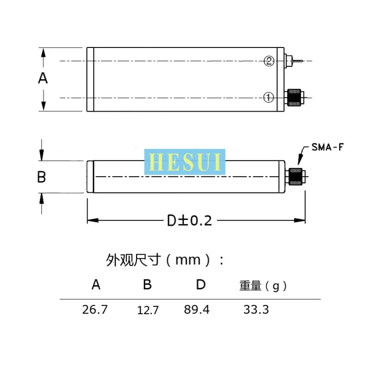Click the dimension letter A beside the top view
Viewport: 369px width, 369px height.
coord(43,78)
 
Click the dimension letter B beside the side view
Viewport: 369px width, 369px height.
coord(42,177)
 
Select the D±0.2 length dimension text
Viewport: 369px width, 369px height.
coord(189,220)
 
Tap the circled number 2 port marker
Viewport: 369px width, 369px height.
coord(269,61)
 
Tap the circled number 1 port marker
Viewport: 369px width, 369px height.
coord(269,97)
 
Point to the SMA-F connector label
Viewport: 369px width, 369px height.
coord(325,148)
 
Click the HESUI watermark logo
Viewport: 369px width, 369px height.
coord(185,162)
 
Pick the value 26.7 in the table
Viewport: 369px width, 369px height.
coord(95,309)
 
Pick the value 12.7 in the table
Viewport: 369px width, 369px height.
coord(148,310)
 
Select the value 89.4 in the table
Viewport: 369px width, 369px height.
coord(196,309)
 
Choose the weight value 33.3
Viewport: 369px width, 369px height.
coord(256,309)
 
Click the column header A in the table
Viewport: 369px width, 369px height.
coord(96,285)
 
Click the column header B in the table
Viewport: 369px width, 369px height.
coord(147,285)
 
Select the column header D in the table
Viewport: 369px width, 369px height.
coord(200,285)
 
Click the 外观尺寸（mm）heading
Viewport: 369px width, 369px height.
coord(165,260)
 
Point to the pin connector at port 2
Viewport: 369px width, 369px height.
coord(294,60)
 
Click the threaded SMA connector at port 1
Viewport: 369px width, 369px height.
coord(294,97)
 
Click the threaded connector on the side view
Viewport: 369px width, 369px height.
coord(295,177)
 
